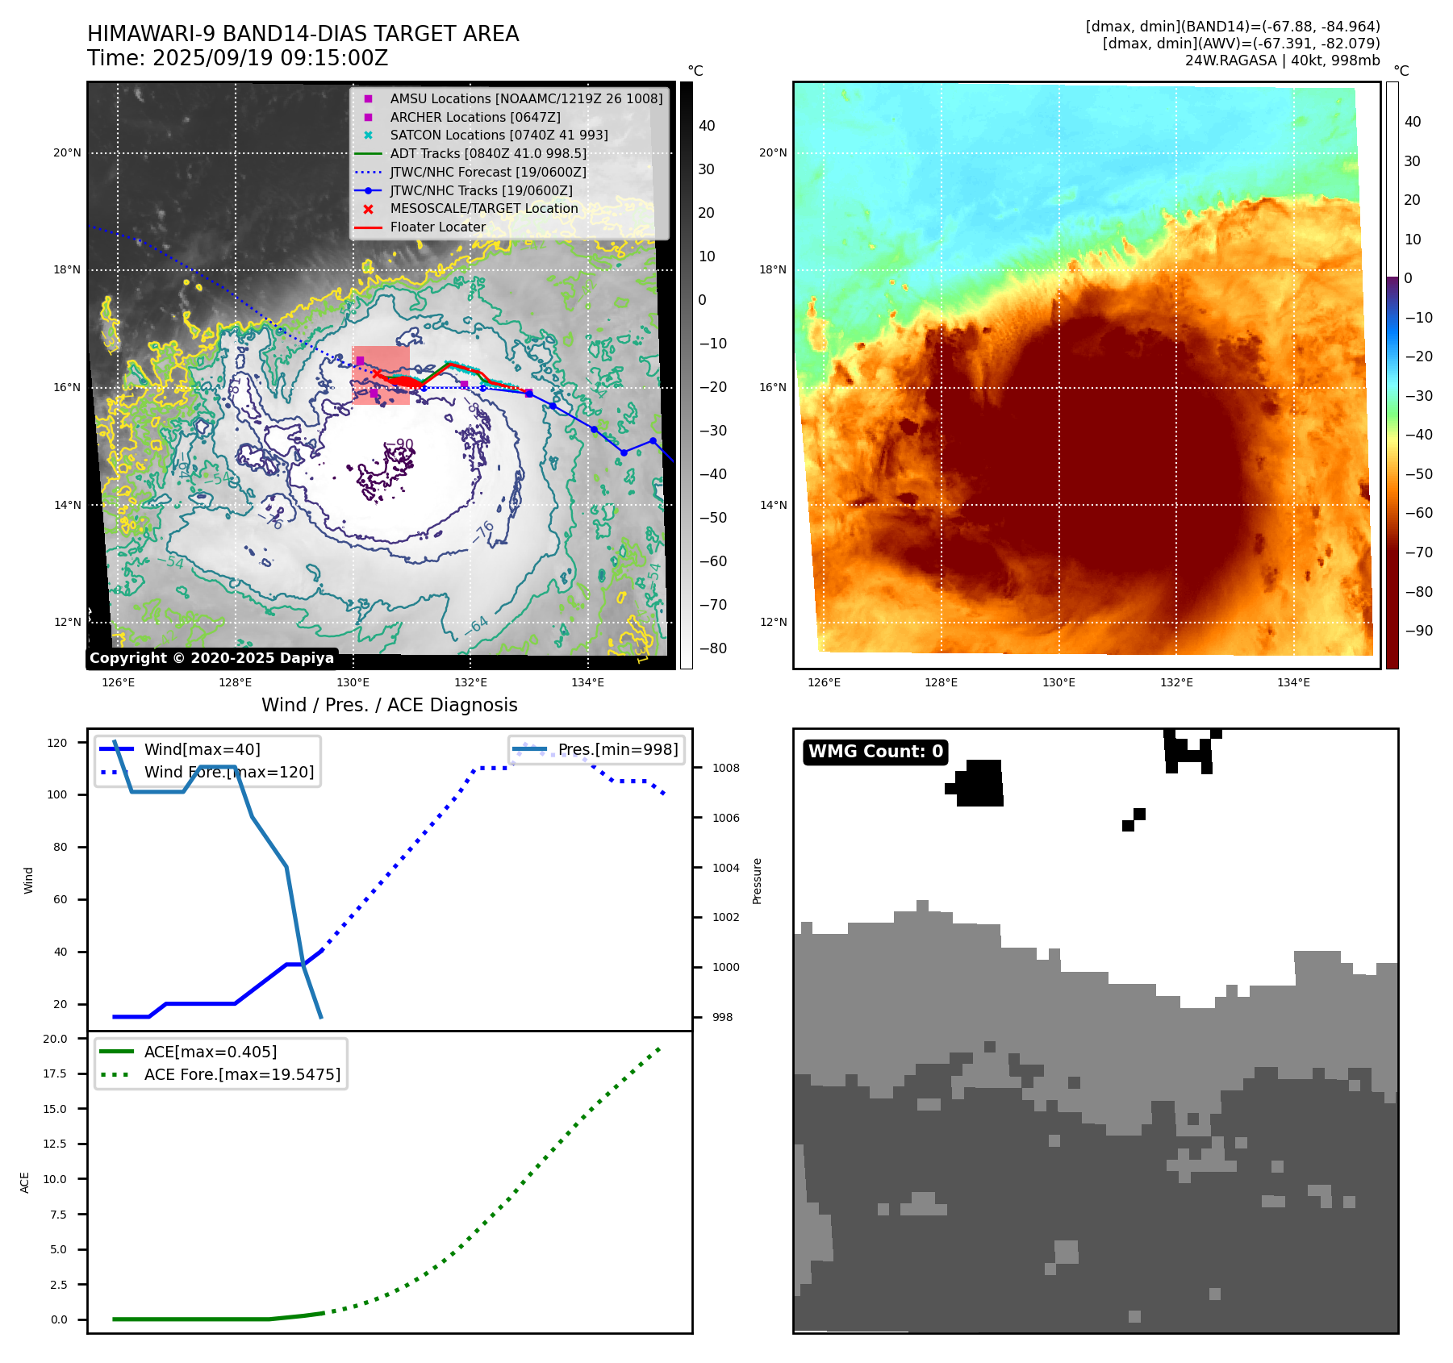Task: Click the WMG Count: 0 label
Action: click(875, 752)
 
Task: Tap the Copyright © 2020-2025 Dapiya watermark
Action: click(211, 658)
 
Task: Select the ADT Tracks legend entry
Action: click(487, 153)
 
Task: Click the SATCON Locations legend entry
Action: click(499, 135)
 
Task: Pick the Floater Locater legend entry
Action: click(437, 227)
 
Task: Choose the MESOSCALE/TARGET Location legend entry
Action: click(483, 208)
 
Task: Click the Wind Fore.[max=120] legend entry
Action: click(228, 772)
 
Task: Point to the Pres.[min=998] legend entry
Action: click(618, 749)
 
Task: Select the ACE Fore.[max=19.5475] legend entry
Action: click(242, 1074)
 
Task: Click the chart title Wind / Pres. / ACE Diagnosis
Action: click(389, 705)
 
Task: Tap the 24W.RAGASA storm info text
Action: click(1282, 60)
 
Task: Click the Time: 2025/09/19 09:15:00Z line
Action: click(238, 58)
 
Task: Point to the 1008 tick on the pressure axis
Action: click(725, 768)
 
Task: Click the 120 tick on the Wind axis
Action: click(57, 743)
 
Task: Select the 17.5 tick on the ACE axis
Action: click(56, 1073)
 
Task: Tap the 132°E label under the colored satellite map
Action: click(1176, 682)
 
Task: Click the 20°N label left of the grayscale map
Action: click(68, 152)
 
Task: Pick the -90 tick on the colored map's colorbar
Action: click(1418, 631)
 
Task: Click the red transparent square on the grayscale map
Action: click(381, 375)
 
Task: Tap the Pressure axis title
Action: click(757, 881)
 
